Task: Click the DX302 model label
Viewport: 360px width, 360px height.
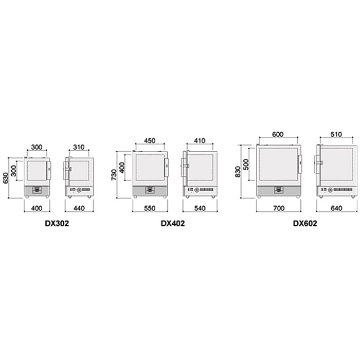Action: tap(57, 223)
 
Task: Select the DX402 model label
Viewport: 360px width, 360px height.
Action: tap(173, 223)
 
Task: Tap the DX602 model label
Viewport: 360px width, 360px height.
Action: tap(305, 223)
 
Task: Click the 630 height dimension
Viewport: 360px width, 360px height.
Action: tap(6, 178)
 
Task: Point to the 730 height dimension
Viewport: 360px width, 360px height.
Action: tap(114, 175)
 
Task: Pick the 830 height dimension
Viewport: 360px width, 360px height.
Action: tap(238, 172)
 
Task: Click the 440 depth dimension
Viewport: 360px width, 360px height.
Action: tap(79, 208)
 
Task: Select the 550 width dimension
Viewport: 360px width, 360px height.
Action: tap(150, 208)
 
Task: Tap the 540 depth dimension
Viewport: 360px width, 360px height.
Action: tap(200, 208)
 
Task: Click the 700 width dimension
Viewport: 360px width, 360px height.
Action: tap(279, 208)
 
